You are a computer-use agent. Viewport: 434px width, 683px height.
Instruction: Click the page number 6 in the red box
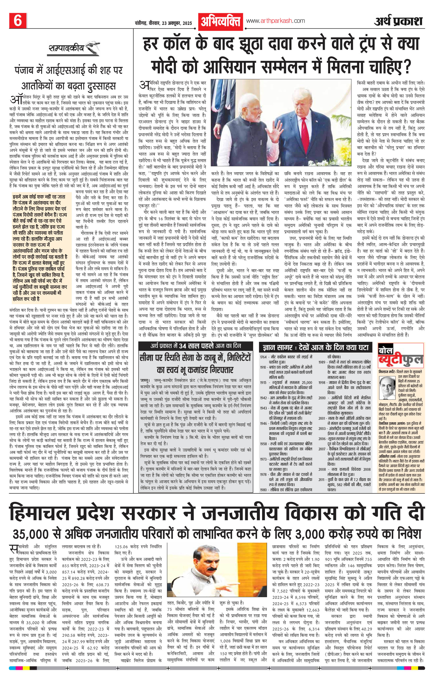18,21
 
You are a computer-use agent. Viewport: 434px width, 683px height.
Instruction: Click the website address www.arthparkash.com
275,21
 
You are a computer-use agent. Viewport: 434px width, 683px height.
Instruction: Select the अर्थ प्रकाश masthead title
398,21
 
